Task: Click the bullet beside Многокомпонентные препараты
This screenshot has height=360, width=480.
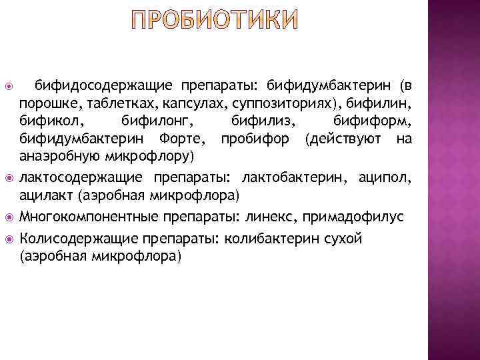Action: coord(9,217)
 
